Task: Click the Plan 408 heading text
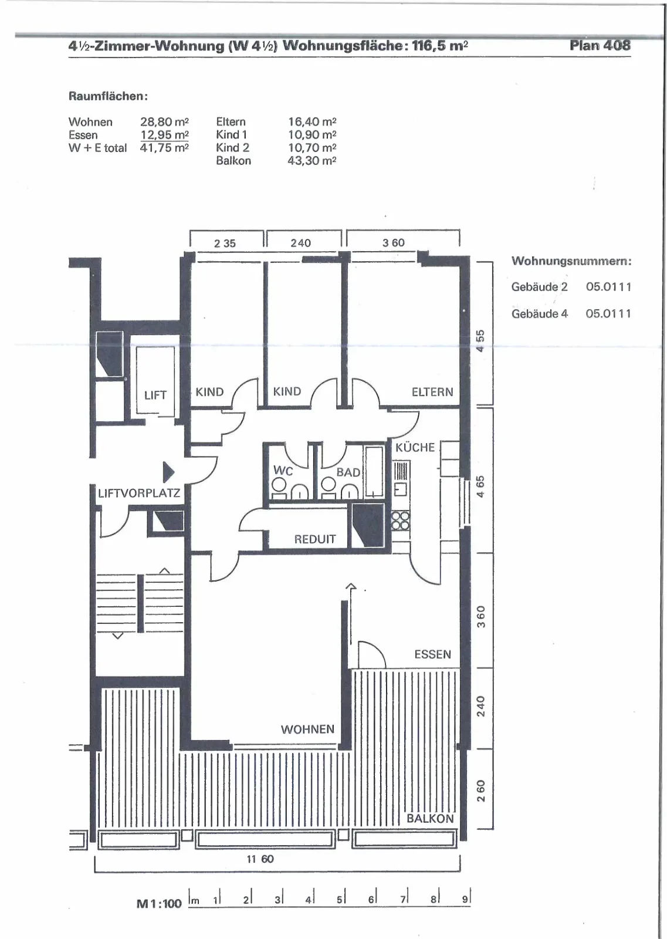pos(600,45)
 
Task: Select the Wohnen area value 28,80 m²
pos(164,122)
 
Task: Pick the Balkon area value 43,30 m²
pos(312,161)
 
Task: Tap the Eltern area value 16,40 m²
pos(312,122)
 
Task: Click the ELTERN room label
pos(432,392)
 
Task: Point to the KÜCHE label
pos(415,447)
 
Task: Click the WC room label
pos(283,470)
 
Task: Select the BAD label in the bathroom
pos(348,472)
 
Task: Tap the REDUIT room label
pos(315,539)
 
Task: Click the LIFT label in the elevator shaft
pos(155,395)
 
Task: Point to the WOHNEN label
pos(307,729)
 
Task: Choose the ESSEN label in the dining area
pos(432,654)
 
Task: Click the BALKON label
pos(430,819)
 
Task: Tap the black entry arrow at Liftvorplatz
pos(168,472)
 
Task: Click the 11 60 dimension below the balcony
pos(260,859)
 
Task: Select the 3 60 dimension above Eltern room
pos(394,243)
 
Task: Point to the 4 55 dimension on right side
pos(480,341)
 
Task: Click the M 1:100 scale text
pos(159,904)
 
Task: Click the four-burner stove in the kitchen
pos(401,521)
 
